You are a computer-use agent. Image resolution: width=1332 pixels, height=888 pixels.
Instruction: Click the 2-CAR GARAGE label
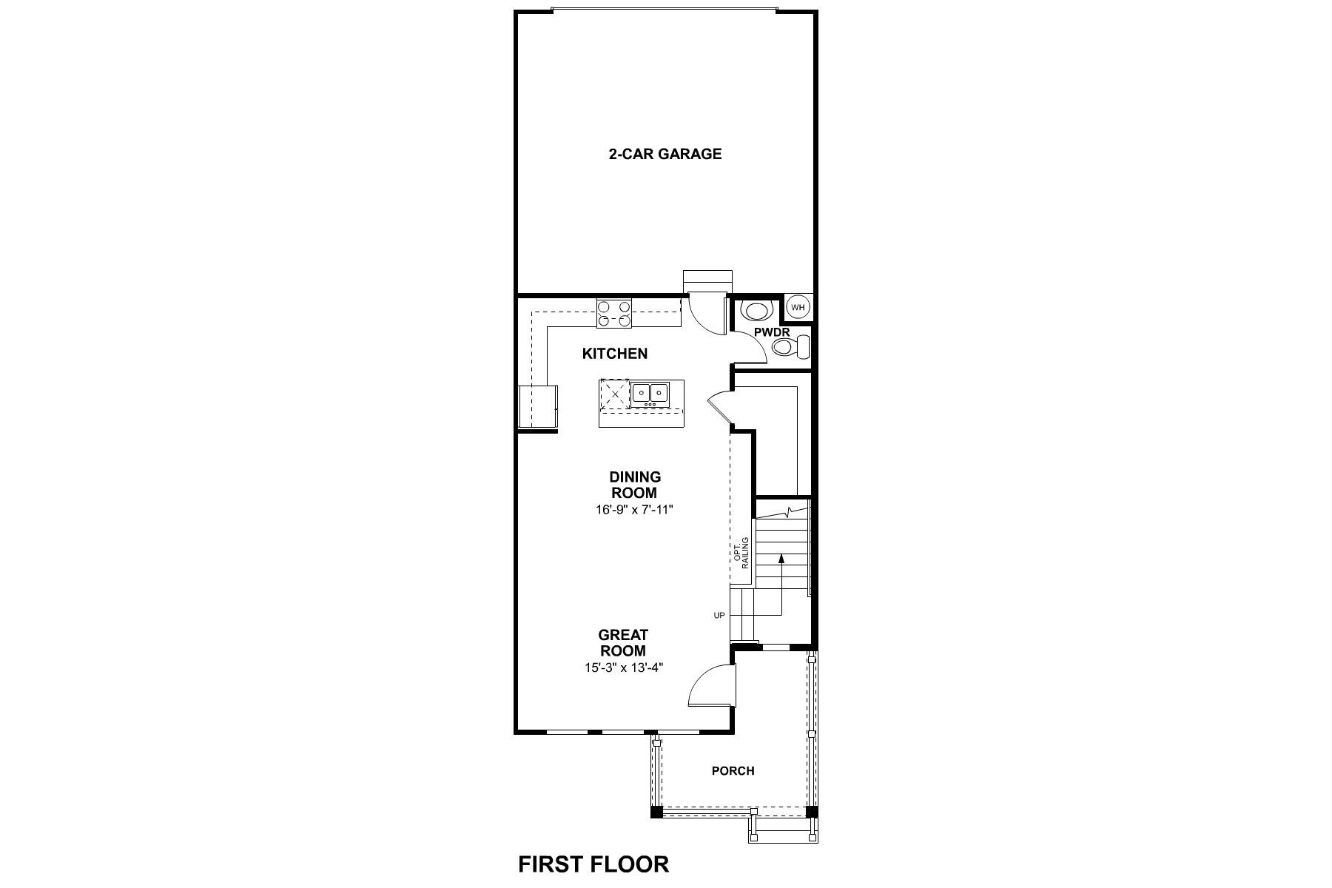tap(665, 155)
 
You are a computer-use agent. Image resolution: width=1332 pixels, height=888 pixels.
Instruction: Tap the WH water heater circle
tap(797, 306)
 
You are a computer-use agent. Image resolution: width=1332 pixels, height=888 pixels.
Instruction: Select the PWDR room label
tap(772, 332)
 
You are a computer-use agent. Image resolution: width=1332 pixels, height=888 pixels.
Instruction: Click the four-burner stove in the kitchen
tap(613, 312)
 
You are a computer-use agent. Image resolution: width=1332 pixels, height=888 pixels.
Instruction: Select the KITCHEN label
tap(614, 354)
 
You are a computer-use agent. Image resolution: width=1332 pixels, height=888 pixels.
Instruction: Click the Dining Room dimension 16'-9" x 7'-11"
tap(634, 510)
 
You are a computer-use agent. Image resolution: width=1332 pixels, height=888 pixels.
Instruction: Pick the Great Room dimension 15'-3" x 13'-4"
tap(622, 667)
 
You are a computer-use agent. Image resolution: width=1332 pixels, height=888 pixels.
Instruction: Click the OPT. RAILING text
tap(741, 552)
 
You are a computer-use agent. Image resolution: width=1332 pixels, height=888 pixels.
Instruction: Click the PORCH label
tap(733, 771)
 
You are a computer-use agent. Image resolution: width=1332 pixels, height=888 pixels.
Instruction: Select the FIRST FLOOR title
tap(593, 864)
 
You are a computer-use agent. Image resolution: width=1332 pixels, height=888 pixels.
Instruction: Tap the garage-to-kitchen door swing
tap(705, 314)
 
